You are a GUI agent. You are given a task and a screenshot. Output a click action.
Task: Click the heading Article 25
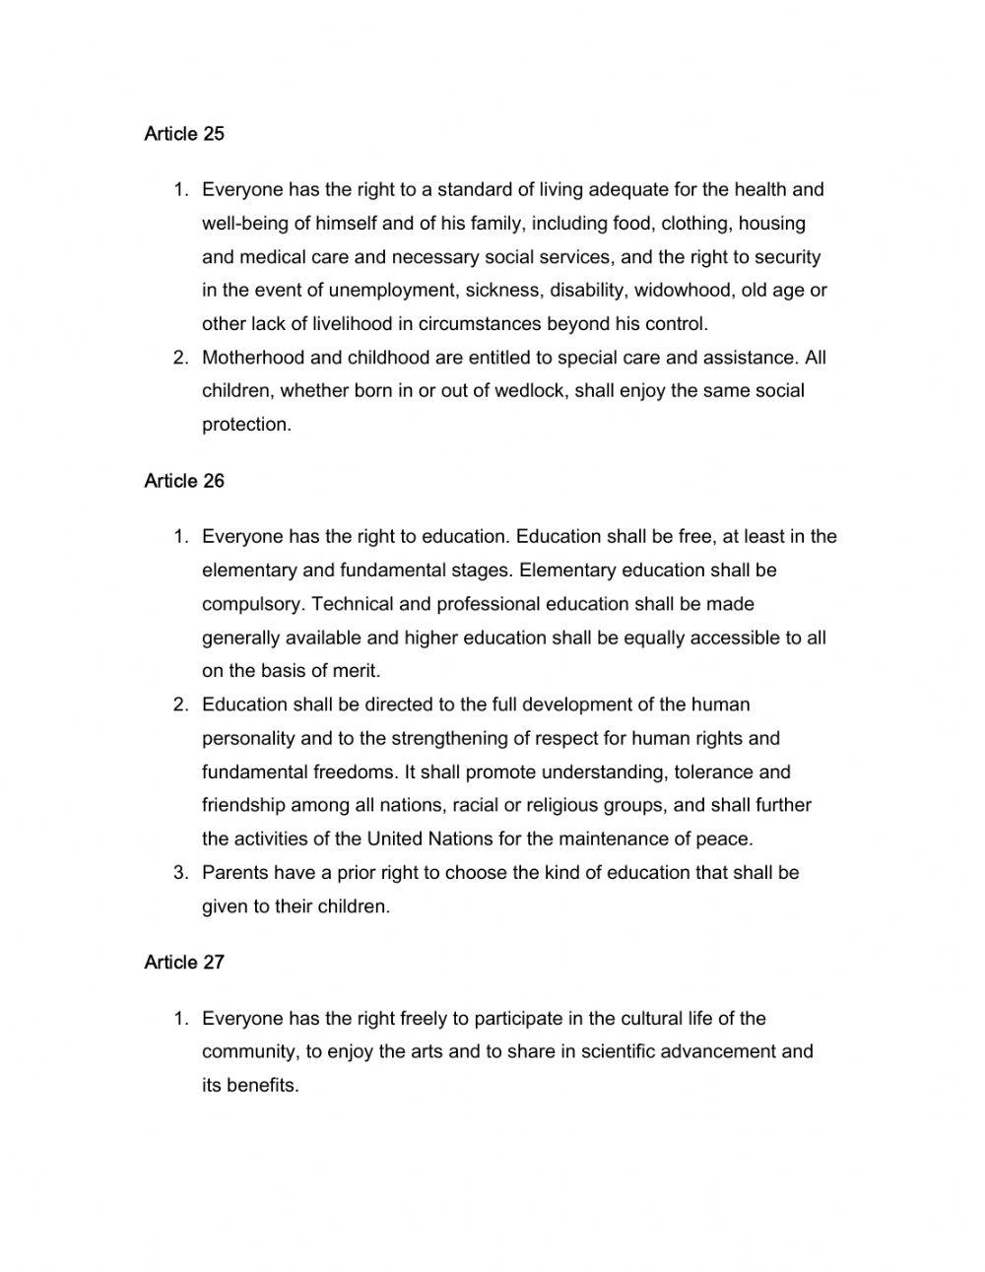coord(184,134)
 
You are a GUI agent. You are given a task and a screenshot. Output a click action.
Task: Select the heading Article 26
coord(184,481)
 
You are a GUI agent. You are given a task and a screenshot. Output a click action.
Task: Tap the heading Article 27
coord(184,963)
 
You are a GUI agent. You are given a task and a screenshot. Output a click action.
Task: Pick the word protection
coord(246,425)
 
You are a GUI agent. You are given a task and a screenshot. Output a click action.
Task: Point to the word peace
coord(727,839)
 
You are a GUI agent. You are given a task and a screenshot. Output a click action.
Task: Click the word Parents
coord(234,873)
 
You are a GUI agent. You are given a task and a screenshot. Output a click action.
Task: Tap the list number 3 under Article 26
coord(179,873)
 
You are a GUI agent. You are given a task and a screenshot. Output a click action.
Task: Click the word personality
coord(248,738)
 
